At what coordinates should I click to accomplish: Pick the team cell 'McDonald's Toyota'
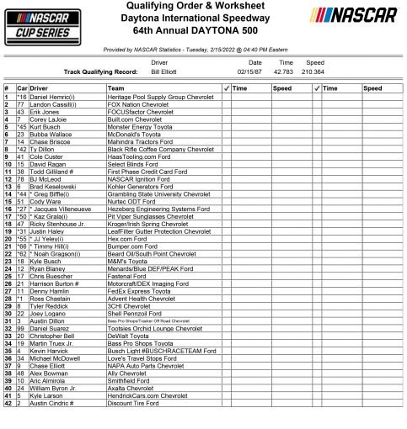click(136, 132)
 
